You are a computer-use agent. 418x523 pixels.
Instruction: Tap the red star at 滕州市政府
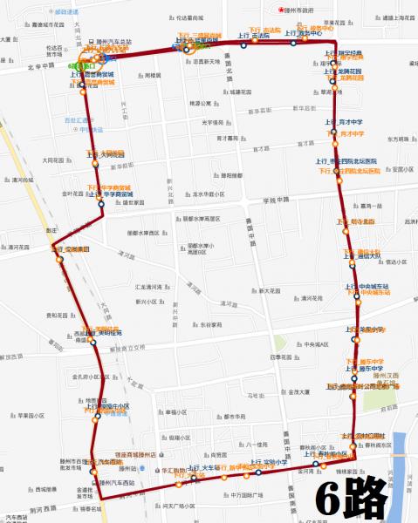coord(281,10)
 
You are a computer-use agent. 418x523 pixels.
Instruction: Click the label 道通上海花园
coord(392,17)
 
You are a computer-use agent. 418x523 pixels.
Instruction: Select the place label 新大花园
coord(267,289)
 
